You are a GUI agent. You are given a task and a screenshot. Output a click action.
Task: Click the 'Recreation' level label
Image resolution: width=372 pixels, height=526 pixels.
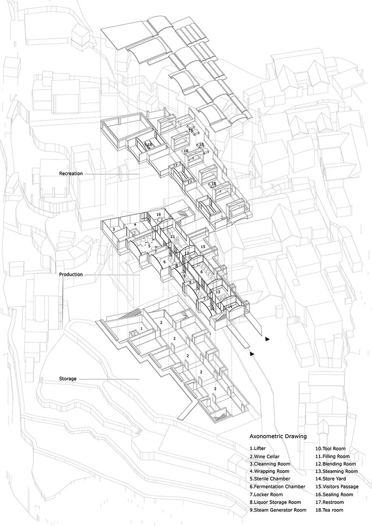[x=71, y=174]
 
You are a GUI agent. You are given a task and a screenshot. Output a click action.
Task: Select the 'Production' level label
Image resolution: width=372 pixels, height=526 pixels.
[x=71, y=274]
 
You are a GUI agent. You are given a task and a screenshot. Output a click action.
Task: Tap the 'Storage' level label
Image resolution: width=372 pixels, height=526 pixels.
[x=68, y=379]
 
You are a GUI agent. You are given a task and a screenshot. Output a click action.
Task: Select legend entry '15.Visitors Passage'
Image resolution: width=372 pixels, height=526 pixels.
[x=337, y=486]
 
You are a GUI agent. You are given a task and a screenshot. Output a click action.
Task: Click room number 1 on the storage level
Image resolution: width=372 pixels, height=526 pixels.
[x=142, y=328]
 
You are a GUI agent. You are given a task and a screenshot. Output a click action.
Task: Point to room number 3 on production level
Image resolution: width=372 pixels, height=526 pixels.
[x=114, y=229]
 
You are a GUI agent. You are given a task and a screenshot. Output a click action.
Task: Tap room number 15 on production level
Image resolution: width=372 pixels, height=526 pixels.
[x=203, y=246]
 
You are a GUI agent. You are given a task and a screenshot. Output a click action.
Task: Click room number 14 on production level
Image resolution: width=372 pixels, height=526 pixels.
[x=230, y=307]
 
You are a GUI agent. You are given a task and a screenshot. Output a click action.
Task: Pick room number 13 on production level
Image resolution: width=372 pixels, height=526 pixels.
[x=218, y=291]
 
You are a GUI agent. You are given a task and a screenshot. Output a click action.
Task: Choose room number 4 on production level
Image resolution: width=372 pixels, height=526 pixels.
[x=135, y=224]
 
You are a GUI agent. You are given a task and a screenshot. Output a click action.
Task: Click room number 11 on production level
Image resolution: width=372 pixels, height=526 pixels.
[x=173, y=237]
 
